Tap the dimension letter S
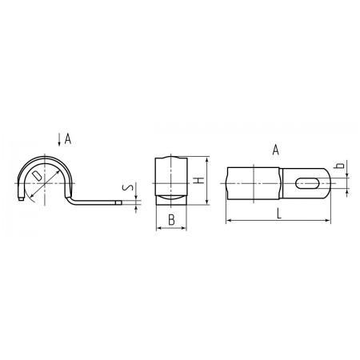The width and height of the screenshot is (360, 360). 127,187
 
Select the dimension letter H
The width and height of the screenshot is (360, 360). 198,181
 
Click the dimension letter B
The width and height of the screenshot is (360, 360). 171,220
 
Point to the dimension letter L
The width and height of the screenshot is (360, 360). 279,214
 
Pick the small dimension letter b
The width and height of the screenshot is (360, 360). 339,166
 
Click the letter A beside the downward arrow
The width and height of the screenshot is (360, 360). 68,139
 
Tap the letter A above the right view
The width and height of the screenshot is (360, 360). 276,150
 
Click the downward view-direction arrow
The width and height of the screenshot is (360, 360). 59,140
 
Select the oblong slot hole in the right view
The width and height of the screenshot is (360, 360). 307,183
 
